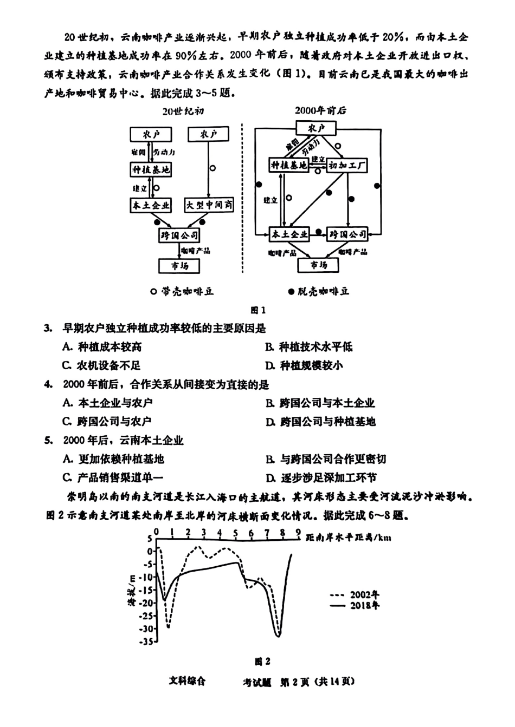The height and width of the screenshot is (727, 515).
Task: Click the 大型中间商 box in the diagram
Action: click(x=209, y=205)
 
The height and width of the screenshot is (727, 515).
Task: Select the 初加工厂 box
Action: click(x=347, y=165)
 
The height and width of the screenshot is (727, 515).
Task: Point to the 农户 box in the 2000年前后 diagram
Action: click(x=316, y=128)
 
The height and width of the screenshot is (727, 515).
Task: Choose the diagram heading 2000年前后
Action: click(x=320, y=110)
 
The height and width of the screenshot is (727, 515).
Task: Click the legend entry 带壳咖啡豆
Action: click(x=182, y=291)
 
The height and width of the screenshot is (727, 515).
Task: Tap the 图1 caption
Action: click(x=257, y=310)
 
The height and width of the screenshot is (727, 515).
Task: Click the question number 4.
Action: click(x=48, y=385)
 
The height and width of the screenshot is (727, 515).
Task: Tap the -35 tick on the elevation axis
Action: click(x=147, y=642)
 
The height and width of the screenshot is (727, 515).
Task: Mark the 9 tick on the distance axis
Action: click(x=298, y=533)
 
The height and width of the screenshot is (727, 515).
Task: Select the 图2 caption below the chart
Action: click(x=262, y=661)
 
